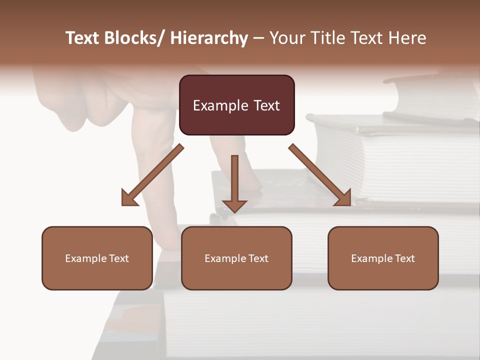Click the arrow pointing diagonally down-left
pos(152,175)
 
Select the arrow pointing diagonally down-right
pos(320,175)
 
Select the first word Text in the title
pos(83,38)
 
